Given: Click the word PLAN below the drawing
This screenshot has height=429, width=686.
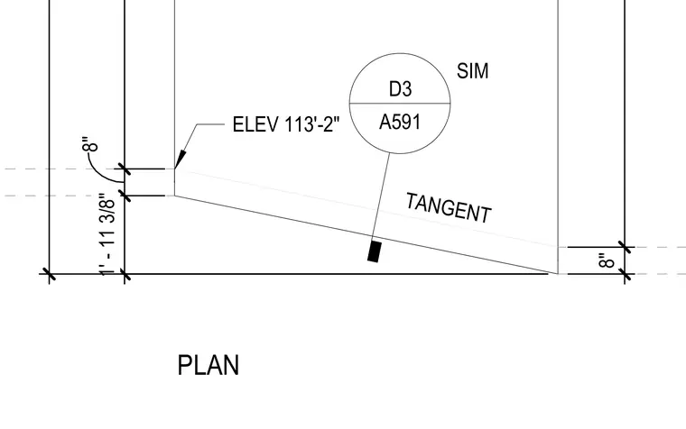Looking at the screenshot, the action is [x=209, y=365].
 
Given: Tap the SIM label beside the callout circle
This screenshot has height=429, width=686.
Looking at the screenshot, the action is [x=472, y=71].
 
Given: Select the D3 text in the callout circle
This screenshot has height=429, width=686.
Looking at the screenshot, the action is [x=400, y=88].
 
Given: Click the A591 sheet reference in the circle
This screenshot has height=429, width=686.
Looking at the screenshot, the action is [x=400, y=122].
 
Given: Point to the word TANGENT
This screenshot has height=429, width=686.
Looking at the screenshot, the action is [x=449, y=208].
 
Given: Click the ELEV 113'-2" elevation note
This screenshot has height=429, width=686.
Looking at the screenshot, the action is [x=286, y=124].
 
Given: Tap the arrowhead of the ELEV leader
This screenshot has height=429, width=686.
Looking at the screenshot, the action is [x=181, y=160].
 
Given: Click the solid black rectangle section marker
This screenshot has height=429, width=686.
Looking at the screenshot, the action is [x=374, y=251].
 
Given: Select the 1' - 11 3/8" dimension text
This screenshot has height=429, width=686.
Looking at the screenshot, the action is [x=107, y=234].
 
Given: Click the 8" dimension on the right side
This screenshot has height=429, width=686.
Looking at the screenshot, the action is [x=607, y=260].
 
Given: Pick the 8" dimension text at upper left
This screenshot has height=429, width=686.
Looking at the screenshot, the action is [x=90, y=143].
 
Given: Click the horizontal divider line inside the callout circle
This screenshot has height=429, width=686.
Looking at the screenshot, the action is [x=400, y=104].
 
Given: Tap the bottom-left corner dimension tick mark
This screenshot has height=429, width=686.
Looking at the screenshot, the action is [x=50, y=275].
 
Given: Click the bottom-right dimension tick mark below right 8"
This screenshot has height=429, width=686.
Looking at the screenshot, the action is [x=625, y=275].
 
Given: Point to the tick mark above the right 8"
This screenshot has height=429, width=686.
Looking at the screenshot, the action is [x=625, y=247].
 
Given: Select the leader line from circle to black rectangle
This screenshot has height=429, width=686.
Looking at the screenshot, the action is [x=381, y=196].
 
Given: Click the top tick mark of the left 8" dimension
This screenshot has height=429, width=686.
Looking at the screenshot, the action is [x=125, y=169].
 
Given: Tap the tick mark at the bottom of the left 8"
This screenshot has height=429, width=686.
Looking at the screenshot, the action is [x=125, y=196].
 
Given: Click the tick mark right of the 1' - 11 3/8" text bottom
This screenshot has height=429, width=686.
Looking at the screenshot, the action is [x=125, y=275].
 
